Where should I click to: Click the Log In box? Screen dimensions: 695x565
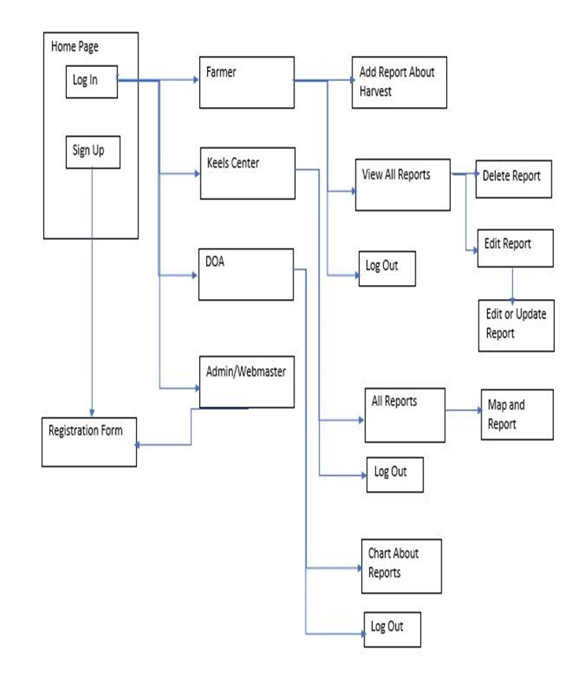pos(91,82)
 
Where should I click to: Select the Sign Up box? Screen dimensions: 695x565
pos(92,152)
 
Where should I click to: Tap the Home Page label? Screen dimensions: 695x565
pos(75,47)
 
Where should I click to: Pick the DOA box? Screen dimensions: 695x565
pos(246,274)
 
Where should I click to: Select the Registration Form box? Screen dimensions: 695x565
pos(88,442)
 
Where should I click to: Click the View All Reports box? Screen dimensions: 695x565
pos(402,185)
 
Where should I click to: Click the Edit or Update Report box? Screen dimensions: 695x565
pos(516,323)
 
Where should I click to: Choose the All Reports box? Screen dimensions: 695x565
pos(404,414)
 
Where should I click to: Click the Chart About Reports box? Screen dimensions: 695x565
pos(401,565)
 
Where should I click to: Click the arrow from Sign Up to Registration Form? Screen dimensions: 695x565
pos(93,291)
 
